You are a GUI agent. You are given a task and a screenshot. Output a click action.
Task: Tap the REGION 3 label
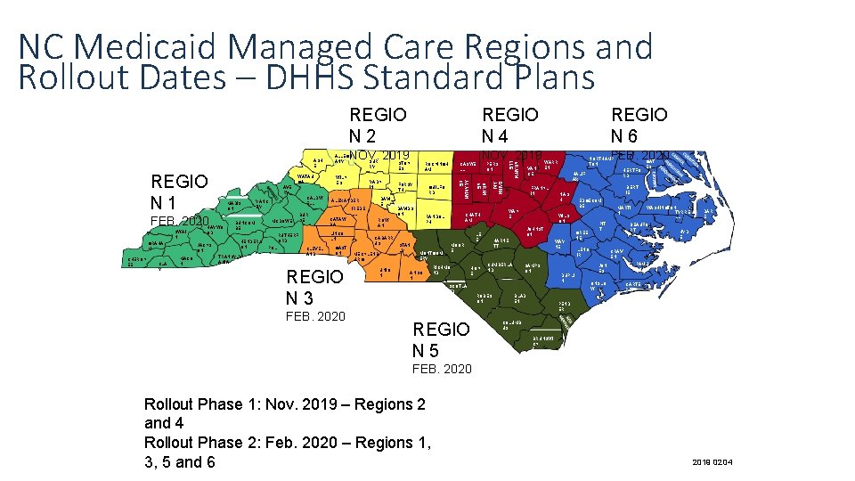313,287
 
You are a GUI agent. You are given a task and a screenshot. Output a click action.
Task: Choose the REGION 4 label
509,126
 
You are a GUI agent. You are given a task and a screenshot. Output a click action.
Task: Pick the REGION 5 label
440,339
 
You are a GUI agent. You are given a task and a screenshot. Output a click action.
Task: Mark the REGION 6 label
639,126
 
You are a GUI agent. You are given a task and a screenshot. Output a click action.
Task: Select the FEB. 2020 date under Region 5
442,368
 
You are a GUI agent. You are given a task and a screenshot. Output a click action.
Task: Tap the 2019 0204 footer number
709,461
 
